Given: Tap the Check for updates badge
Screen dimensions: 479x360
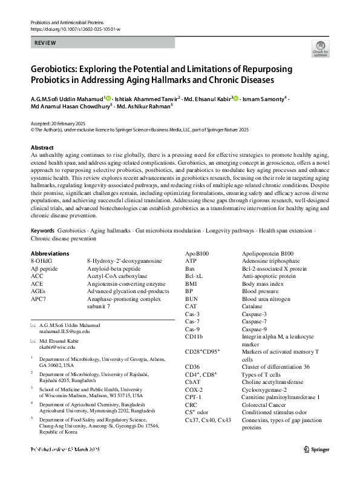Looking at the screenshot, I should pyautogui.click(x=320, y=48).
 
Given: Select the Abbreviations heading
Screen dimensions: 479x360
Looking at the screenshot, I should pyautogui.click(x=50, y=253).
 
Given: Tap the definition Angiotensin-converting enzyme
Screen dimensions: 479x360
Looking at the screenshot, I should pyautogui.click(x=126, y=283).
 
